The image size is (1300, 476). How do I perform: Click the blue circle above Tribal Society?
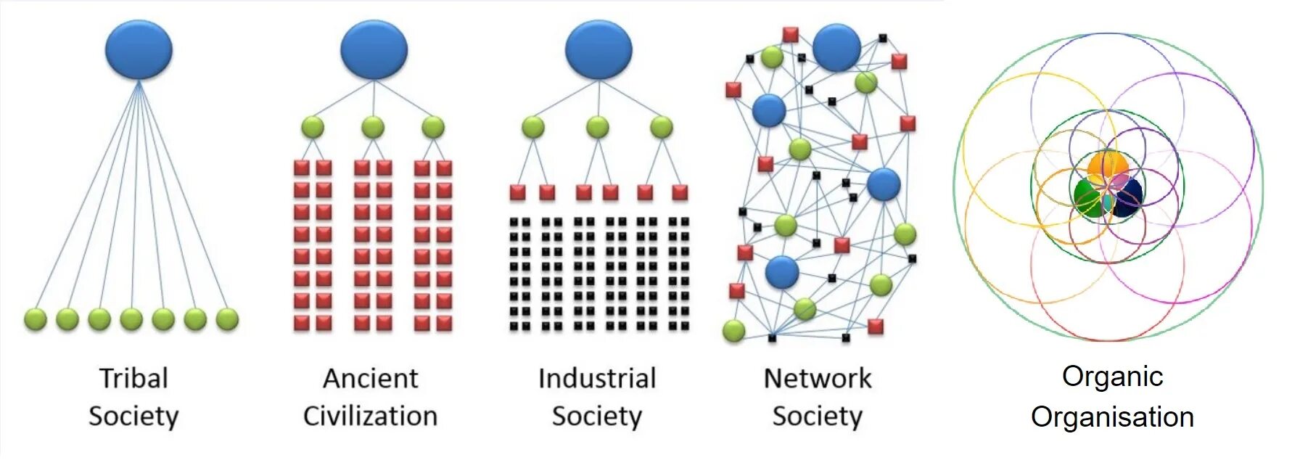(139, 49)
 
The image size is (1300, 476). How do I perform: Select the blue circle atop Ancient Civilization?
(374, 49)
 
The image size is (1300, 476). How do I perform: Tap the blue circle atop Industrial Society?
(598, 49)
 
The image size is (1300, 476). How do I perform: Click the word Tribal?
(133, 378)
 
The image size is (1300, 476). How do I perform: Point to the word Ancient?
(370, 378)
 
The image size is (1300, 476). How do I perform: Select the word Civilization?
(370, 416)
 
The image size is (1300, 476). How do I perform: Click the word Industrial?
(596, 378)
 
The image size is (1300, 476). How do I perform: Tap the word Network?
(817, 378)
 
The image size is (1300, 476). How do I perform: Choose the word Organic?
(1112, 376)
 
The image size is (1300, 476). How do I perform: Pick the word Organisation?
(1112, 416)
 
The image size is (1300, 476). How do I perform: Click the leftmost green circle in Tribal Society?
(36, 319)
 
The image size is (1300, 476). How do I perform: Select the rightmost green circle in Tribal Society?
(227, 319)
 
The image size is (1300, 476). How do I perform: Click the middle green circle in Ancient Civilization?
(373, 127)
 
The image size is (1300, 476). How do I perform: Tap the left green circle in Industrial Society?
(532, 127)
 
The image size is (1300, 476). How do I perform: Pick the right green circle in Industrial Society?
(661, 127)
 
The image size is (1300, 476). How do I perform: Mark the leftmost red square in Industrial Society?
(517, 192)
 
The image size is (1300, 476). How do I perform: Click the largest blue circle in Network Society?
(836, 48)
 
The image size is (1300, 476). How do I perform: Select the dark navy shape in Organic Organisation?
(1127, 198)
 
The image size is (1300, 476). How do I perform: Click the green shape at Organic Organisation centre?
(1087, 197)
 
